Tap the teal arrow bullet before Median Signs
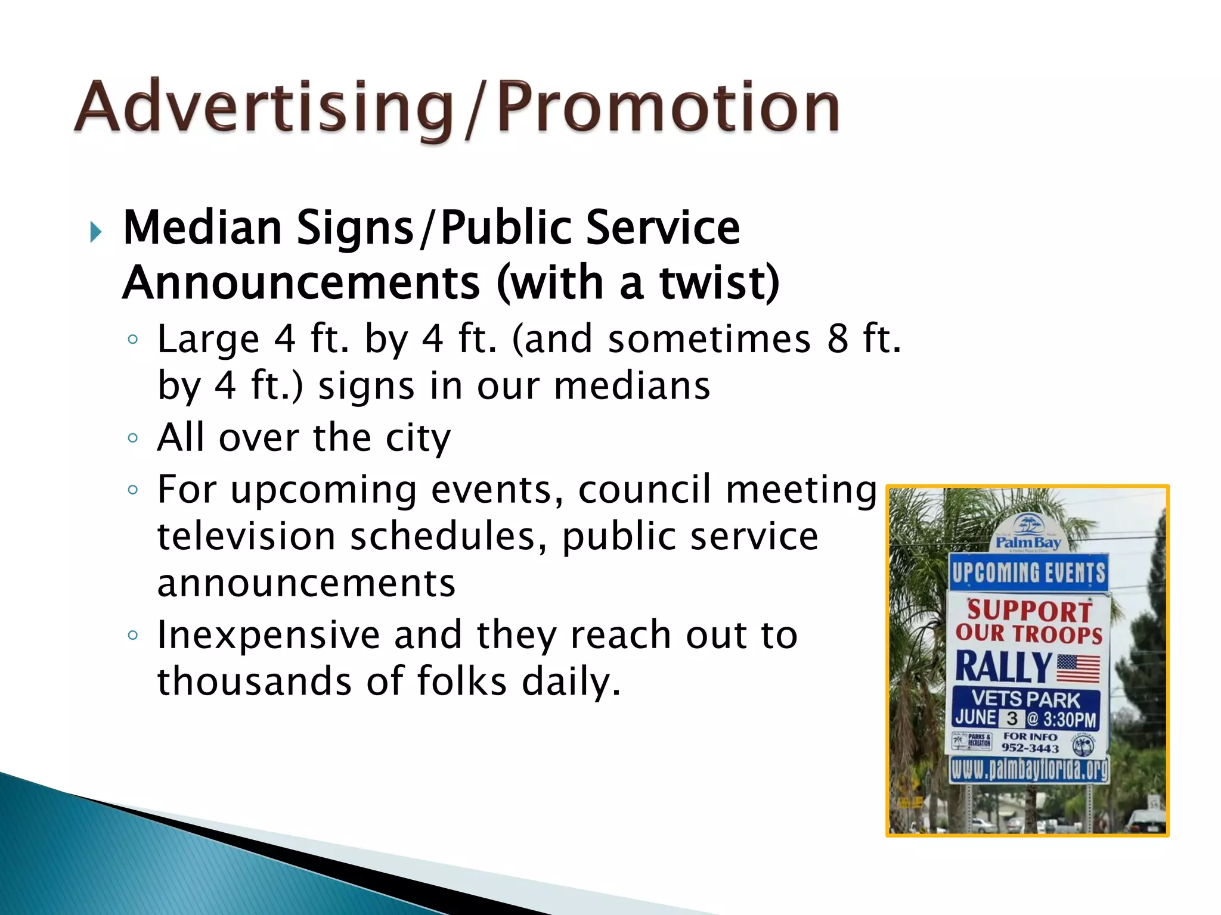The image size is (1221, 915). [96, 232]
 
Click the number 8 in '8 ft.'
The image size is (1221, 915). [838, 339]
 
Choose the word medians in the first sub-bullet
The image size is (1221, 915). [632, 386]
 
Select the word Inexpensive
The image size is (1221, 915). [268, 635]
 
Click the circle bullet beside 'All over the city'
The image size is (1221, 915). [133, 438]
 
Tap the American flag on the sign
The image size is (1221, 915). [1078, 668]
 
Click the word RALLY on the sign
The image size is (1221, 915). [1003, 667]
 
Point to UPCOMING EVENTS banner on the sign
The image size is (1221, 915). [1028, 572]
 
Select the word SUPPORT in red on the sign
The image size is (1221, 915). [1029, 611]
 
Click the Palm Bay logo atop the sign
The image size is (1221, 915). [1028, 533]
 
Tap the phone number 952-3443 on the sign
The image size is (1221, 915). [1030, 748]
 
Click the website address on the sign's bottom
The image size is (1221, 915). [1029, 769]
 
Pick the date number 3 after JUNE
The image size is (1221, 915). [1012, 718]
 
